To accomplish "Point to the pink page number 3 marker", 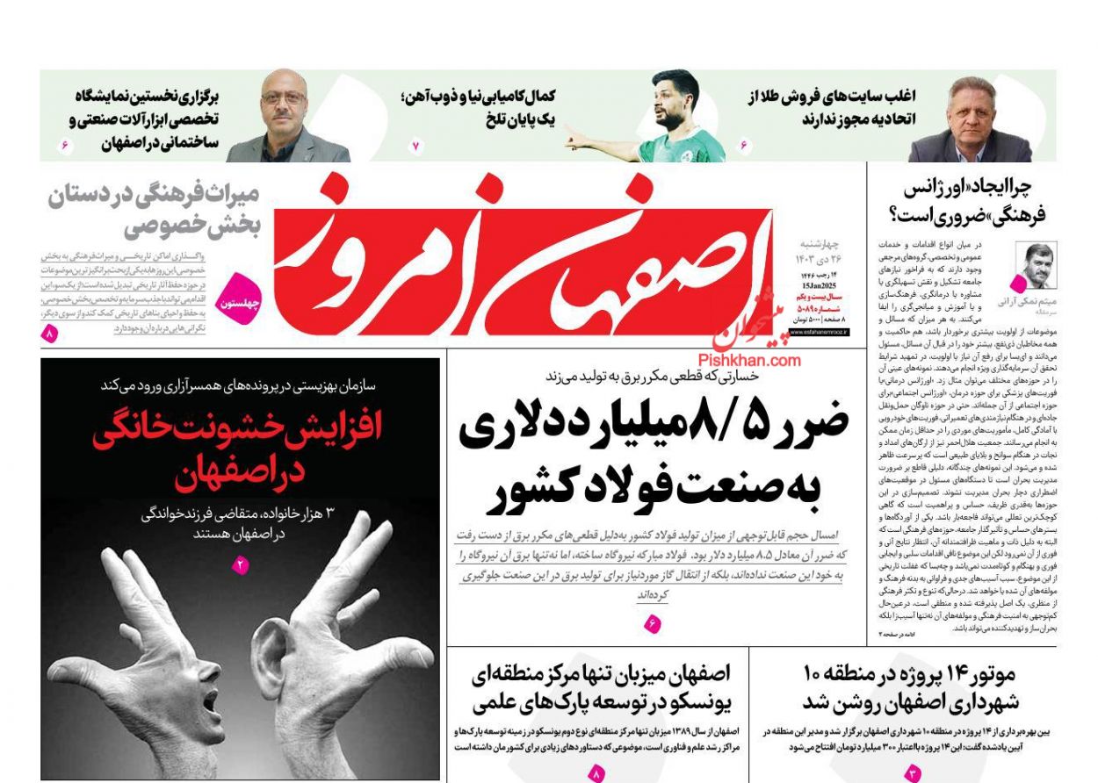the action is click(912, 773).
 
